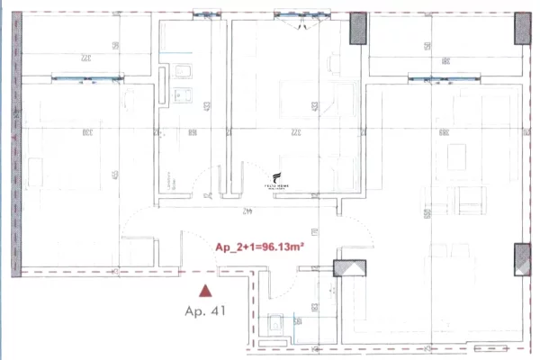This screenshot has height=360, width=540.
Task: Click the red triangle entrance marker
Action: (x=207, y=291)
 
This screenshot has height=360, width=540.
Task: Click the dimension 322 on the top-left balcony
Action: (x=85, y=58)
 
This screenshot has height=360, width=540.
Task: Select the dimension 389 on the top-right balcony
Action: (x=445, y=59)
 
